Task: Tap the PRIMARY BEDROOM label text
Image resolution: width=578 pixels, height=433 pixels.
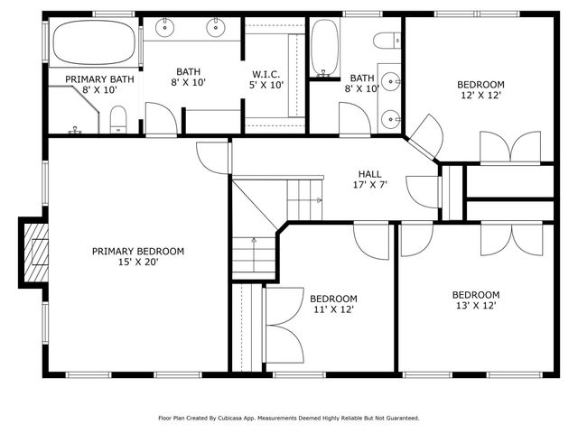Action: pyautogui.click(x=138, y=252)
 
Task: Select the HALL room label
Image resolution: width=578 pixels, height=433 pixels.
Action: pyautogui.click(x=369, y=174)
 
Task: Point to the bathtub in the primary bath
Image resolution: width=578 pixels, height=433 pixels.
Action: pyautogui.click(x=94, y=43)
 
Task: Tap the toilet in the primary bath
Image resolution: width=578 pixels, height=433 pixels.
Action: pyautogui.click(x=118, y=118)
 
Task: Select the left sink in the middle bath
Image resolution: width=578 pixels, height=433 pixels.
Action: pyautogui.click(x=166, y=30)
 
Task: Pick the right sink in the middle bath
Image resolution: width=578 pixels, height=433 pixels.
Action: pyautogui.click(x=217, y=30)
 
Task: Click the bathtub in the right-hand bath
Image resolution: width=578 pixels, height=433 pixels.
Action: pyautogui.click(x=323, y=48)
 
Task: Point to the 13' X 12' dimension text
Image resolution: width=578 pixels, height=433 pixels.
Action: pyautogui.click(x=475, y=306)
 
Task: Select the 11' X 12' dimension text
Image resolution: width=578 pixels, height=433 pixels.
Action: pyautogui.click(x=333, y=310)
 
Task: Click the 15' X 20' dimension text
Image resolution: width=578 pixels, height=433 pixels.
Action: pyautogui.click(x=138, y=263)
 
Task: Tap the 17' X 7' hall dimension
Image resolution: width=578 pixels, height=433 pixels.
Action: pyautogui.click(x=369, y=186)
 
